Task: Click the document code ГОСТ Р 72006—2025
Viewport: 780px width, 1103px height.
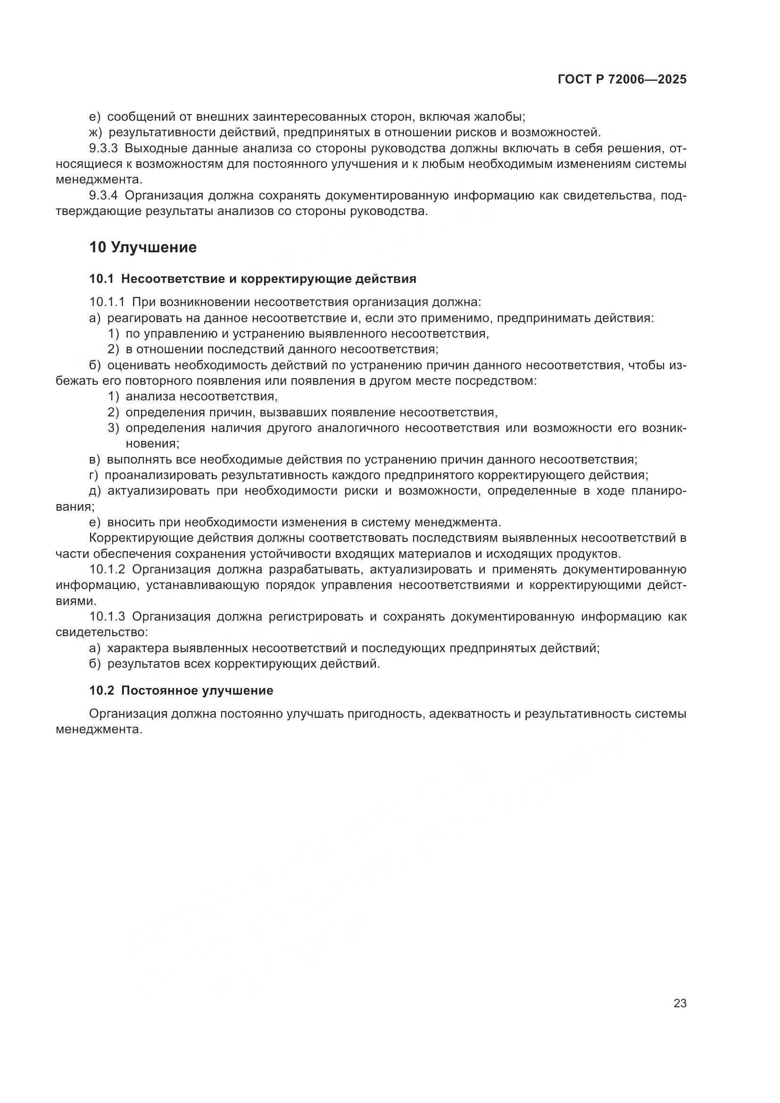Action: click(x=622, y=80)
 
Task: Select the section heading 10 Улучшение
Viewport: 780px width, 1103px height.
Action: click(x=143, y=248)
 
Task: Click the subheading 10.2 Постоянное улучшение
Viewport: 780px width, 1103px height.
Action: click(x=181, y=690)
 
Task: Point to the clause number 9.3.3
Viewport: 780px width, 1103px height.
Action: click(x=103, y=149)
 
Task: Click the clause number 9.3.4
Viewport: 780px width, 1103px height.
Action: click(x=103, y=196)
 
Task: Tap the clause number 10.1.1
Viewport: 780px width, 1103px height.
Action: click(x=107, y=302)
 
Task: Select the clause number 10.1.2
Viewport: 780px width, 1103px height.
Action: click(x=107, y=570)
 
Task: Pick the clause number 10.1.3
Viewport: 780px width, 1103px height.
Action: click(x=107, y=617)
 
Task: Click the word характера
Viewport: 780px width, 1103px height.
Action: click(x=136, y=648)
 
